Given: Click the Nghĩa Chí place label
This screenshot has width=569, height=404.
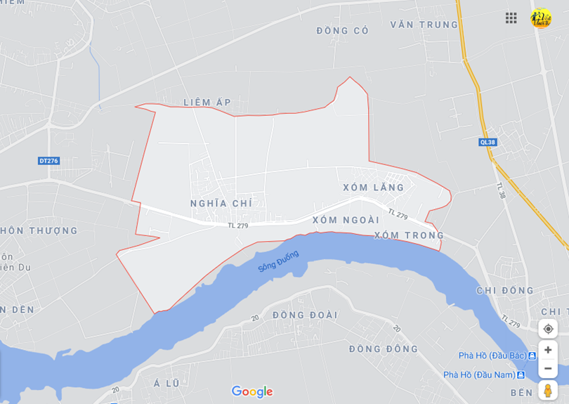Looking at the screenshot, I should point(221,204).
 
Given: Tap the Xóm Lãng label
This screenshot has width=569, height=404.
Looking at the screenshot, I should point(374,188).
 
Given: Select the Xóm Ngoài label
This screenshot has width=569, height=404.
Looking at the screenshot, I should point(346,220).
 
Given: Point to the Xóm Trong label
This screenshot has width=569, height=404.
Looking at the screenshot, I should point(409,235).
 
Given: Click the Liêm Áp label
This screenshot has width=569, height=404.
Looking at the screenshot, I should point(207,103).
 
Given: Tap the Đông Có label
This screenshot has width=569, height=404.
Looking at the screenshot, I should point(342,31).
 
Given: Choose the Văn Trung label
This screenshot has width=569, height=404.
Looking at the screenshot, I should point(424,25).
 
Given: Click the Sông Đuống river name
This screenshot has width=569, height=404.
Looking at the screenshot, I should point(278,261).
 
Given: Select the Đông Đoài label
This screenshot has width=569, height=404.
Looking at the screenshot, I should point(305,315).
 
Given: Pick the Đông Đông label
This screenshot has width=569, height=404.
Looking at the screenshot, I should point(384,349).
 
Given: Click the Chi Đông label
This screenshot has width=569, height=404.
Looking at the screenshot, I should point(505,291).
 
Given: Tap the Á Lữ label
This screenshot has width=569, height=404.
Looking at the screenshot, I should point(166,383).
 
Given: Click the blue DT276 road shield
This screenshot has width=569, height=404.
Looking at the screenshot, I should point(48,161).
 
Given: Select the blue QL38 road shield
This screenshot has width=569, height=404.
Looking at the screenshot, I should point(488,142).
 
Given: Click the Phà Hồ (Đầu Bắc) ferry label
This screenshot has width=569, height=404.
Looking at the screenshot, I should point(492,356).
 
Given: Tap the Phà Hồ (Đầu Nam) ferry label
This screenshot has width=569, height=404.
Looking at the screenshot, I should point(478,374).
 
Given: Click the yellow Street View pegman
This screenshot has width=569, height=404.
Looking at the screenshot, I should point(548,390).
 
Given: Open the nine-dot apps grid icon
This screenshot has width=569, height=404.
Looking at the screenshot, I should point(511,18).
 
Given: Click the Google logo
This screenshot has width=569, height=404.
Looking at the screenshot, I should point(252,391).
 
